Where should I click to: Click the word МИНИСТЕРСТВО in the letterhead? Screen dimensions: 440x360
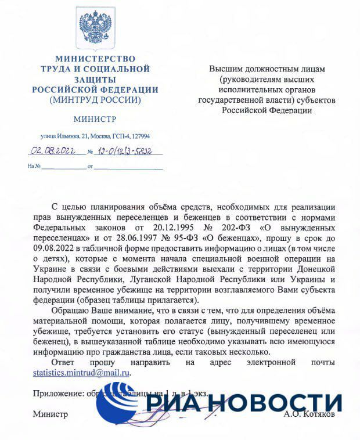point(95,59)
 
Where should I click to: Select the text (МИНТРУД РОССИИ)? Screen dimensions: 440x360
point(95,100)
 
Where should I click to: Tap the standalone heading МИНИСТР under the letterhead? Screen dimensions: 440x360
point(95,119)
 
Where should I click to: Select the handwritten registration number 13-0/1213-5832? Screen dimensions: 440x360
point(123,152)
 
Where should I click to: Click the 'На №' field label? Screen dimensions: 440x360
point(34,167)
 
